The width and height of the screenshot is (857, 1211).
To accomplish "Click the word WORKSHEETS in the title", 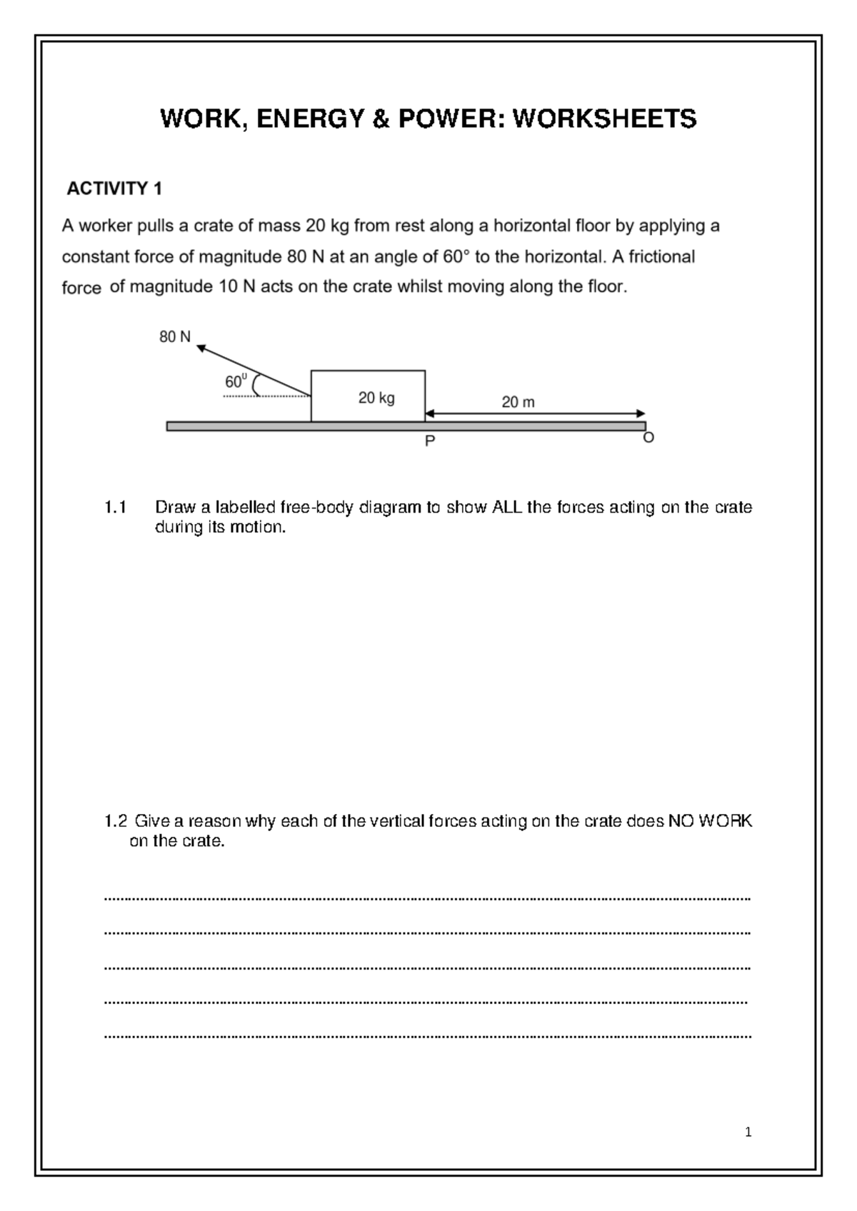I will point(604,119).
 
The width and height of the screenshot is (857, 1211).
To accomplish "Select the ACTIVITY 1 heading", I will point(114,189).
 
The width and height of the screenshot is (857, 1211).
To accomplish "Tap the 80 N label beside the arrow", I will point(174,337).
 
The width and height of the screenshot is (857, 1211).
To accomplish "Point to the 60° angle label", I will point(236,381).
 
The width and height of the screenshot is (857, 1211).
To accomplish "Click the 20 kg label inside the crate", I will point(376,398).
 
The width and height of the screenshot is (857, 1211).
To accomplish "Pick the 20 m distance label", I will point(518,403).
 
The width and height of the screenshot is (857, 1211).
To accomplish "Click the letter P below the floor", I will point(429,442).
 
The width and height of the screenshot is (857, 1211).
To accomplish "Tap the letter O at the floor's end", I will point(648,438).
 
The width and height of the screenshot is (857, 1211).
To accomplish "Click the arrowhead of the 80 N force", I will point(201,348).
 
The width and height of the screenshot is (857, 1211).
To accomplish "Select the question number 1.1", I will point(114,508).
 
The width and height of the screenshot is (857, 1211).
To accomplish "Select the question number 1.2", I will point(115,821).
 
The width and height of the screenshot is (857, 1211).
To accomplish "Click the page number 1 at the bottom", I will point(748,1132).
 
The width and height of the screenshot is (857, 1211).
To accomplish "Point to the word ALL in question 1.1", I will point(507,508).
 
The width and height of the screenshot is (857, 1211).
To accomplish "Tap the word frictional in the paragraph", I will point(661,256).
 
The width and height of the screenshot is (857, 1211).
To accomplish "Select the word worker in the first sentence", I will point(106,226).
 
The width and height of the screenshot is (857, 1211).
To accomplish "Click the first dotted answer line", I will point(427,899).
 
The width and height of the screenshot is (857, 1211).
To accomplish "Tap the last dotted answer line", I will point(427,1035).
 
